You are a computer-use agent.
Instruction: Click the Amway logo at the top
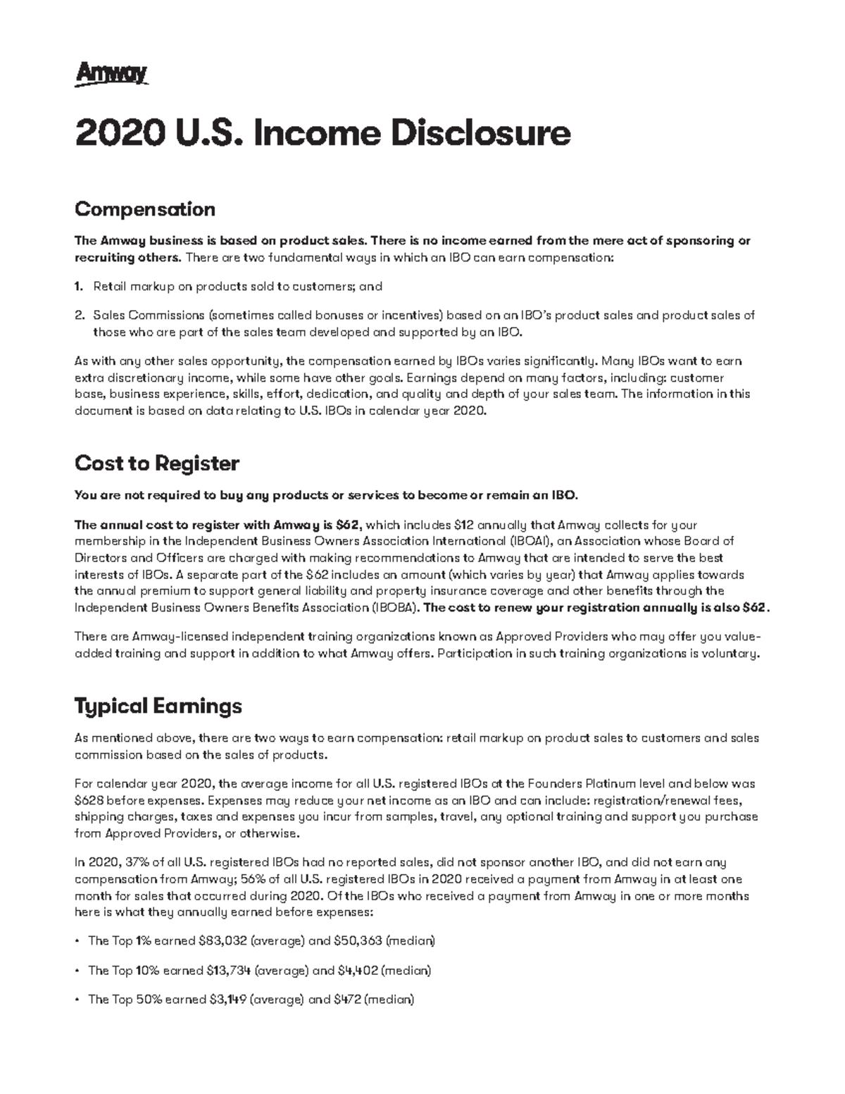pos(111,73)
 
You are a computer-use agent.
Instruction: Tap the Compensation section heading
pos(144,209)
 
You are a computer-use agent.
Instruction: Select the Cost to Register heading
pos(156,464)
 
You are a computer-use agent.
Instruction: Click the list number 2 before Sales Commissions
pos(79,316)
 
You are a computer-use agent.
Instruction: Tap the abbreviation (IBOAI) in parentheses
pos(529,542)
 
